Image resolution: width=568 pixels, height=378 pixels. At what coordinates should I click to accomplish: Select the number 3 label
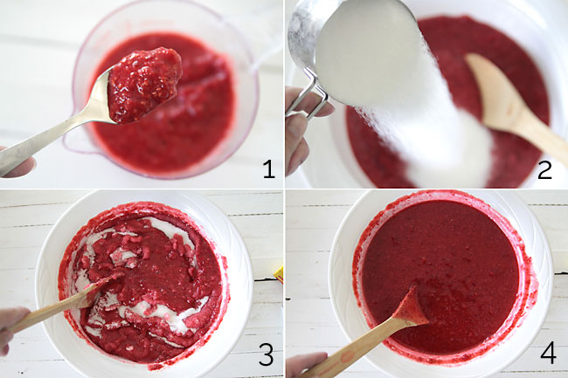[267, 355]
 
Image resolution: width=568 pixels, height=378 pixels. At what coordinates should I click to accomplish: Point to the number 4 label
[547, 354]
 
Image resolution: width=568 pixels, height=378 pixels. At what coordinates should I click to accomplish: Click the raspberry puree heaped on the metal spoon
[144, 83]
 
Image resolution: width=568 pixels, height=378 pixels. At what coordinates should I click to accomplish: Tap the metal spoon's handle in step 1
[52, 135]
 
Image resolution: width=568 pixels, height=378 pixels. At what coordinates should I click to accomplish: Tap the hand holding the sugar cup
[297, 131]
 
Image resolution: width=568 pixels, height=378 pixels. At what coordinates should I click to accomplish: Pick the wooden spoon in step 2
[507, 105]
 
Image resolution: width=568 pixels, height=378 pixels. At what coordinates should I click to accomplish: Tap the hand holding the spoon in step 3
[10, 321]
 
